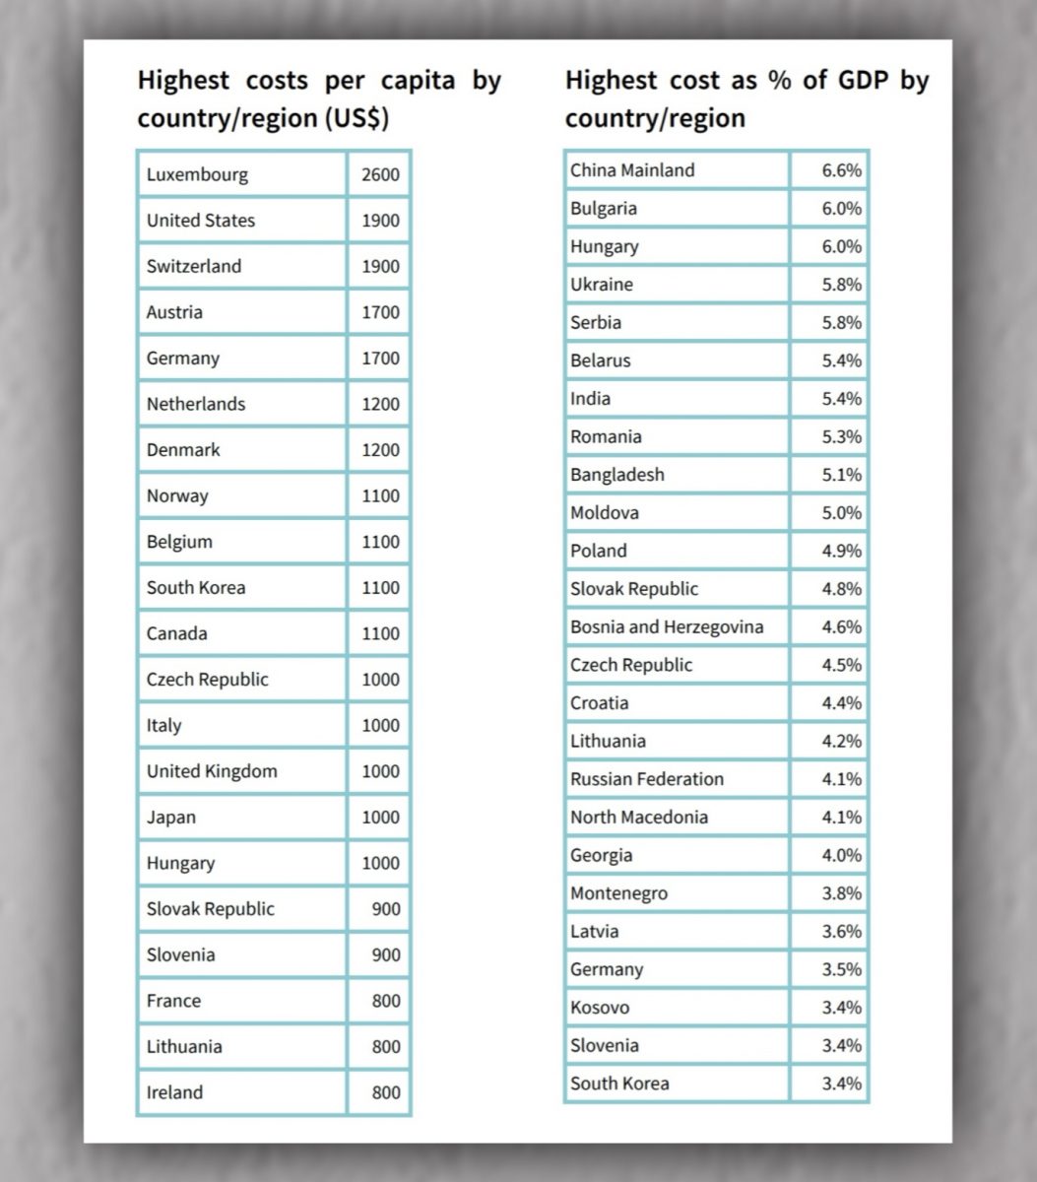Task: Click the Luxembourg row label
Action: point(197,175)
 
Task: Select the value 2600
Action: point(380,175)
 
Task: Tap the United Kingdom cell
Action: point(212,771)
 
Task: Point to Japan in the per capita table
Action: point(171,818)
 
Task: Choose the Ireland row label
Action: point(174,1092)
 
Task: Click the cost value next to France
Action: point(386,1001)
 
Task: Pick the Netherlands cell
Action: point(196,404)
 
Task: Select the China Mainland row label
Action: point(632,170)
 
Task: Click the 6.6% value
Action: point(841,170)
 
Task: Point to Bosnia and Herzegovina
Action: point(667,626)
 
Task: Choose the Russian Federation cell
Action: point(647,779)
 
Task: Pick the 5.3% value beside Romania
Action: point(841,436)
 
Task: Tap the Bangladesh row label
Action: point(617,475)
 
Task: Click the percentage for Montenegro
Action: point(841,893)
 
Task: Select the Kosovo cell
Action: point(600,1008)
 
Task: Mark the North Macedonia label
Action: point(639,817)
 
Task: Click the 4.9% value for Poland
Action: point(841,551)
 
